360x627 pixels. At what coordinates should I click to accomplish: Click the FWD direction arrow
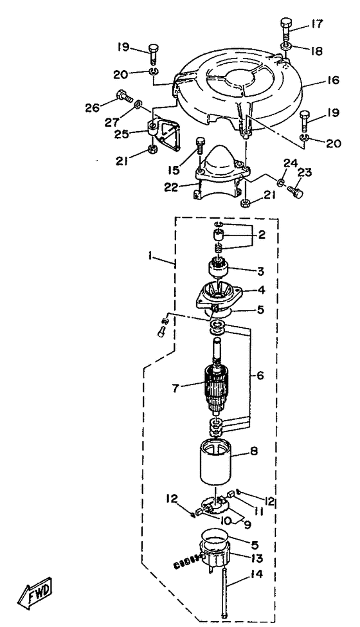coord(35,592)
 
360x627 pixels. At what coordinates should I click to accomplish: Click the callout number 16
coord(333,80)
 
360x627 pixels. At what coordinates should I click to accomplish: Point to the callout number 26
coord(92,107)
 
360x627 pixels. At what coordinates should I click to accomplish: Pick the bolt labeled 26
coord(123,95)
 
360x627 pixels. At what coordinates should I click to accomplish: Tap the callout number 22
coord(172,187)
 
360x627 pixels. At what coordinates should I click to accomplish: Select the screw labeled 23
coord(295,191)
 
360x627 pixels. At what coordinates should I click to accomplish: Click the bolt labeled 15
coord(201,145)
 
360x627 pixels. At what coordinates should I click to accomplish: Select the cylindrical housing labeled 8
coord(216,462)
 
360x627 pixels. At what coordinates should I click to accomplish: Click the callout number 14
coord(257,575)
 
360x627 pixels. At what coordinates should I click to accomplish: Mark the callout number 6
coord(260,376)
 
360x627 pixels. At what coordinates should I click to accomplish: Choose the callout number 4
coord(262,289)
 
